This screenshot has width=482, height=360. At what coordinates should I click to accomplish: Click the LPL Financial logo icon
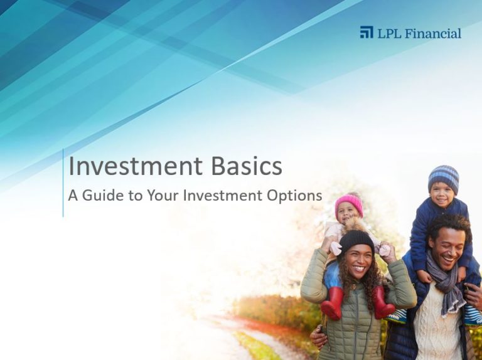click(367, 32)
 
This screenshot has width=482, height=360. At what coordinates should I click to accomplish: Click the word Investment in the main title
click(136, 166)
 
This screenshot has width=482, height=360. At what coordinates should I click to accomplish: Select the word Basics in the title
click(247, 166)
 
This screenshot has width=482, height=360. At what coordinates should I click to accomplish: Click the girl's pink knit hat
click(349, 204)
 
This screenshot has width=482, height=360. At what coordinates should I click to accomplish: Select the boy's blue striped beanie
click(444, 179)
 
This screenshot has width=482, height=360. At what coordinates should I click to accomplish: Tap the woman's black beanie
click(356, 241)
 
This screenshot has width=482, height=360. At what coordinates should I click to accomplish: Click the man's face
click(449, 249)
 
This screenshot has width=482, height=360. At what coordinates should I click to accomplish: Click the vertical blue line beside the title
click(63, 183)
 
